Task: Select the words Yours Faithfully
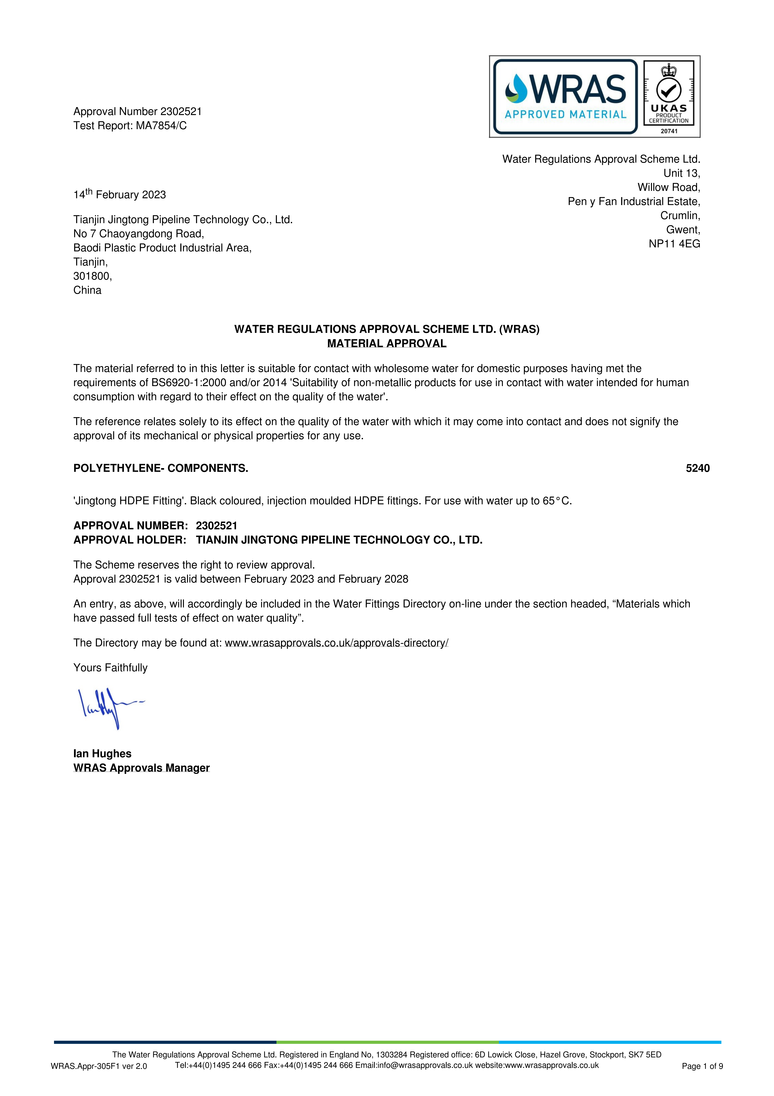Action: point(110,668)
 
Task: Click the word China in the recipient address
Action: point(87,290)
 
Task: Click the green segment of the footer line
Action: point(387,1042)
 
